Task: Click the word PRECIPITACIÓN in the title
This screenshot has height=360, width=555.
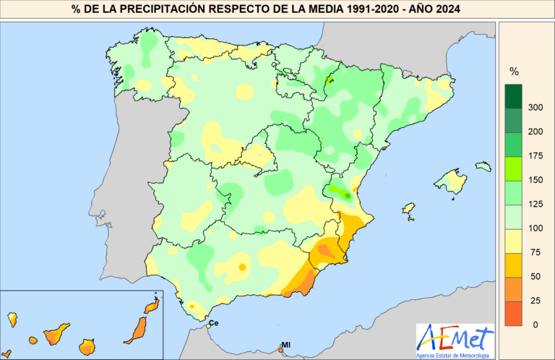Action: click(x=155, y=9)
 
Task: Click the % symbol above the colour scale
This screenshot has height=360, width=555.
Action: click(x=515, y=72)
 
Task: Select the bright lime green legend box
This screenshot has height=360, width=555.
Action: click(x=515, y=168)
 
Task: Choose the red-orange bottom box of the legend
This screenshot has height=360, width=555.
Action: click(x=515, y=312)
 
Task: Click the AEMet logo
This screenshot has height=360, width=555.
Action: click(x=456, y=336)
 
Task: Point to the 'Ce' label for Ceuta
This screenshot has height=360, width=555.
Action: click(x=213, y=322)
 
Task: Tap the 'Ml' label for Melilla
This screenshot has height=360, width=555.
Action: click(x=285, y=345)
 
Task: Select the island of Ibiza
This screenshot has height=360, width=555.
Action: click(x=410, y=213)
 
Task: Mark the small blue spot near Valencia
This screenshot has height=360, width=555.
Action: click(x=348, y=195)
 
